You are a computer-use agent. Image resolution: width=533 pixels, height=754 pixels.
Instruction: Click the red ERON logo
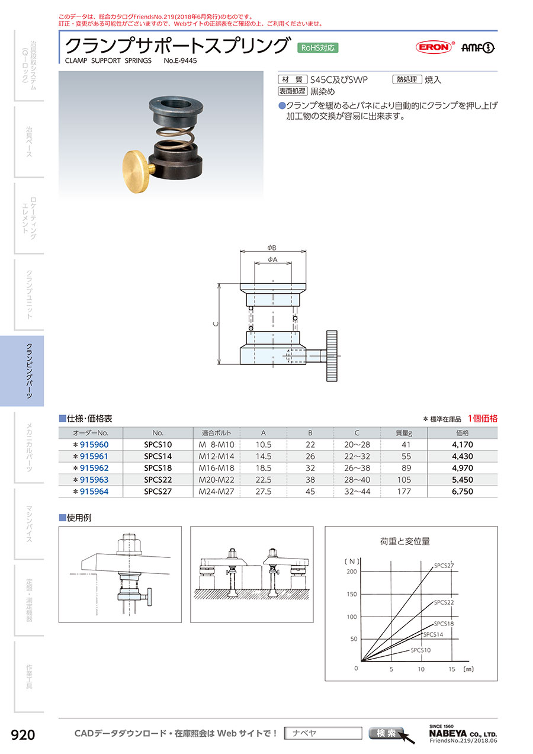pyautogui.click(x=435, y=47)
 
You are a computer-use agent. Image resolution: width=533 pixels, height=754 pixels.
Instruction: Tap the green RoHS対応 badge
pyautogui.click(x=317, y=48)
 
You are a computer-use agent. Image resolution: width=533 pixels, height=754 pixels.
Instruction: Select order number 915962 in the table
pyautogui.click(x=94, y=468)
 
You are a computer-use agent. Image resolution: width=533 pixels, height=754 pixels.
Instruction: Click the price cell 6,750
pyautogui.click(x=463, y=492)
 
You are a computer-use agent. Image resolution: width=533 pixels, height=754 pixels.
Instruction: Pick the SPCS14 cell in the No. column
pyautogui.click(x=158, y=456)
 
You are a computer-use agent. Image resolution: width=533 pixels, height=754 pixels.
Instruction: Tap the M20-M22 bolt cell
pyautogui.click(x=216, y=480)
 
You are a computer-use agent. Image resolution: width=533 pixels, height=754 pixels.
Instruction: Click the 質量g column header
pyautogui.click(x=404, y=433)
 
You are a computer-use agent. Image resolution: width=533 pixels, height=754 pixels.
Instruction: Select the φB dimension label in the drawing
pyautogui.click(x=272, y=248)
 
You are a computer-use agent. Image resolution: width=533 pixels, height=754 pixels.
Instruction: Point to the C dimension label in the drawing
pyautogui.click(x=216, y=324)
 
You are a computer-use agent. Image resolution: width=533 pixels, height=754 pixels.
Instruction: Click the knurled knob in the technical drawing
pyautogui.click(x=332, y=356)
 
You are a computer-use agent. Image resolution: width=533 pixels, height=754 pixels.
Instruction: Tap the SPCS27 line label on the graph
pyautogui.click(x=444, y=566)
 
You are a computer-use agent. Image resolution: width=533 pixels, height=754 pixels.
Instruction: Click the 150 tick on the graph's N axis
pyautogui.click(x=352, y=594)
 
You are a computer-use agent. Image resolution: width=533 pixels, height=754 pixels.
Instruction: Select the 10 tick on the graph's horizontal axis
pyautogui.click(x=421, y=669)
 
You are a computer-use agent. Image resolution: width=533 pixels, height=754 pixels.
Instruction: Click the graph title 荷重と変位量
pyautogui.click(x=405, y=541)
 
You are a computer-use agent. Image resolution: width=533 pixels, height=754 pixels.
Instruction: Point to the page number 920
pyautogui.click(x=23, y=735)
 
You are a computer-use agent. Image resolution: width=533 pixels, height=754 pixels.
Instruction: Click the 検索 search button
pyautogui.click(x=386, y=733)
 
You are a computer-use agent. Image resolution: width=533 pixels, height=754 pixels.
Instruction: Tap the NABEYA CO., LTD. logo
pyautogui.click(x=463, y=733)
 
